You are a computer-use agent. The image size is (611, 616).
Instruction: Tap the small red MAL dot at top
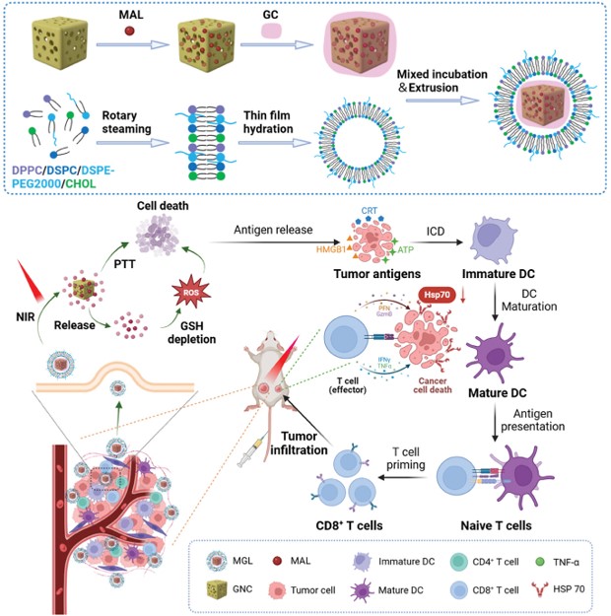coord(130,34)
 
